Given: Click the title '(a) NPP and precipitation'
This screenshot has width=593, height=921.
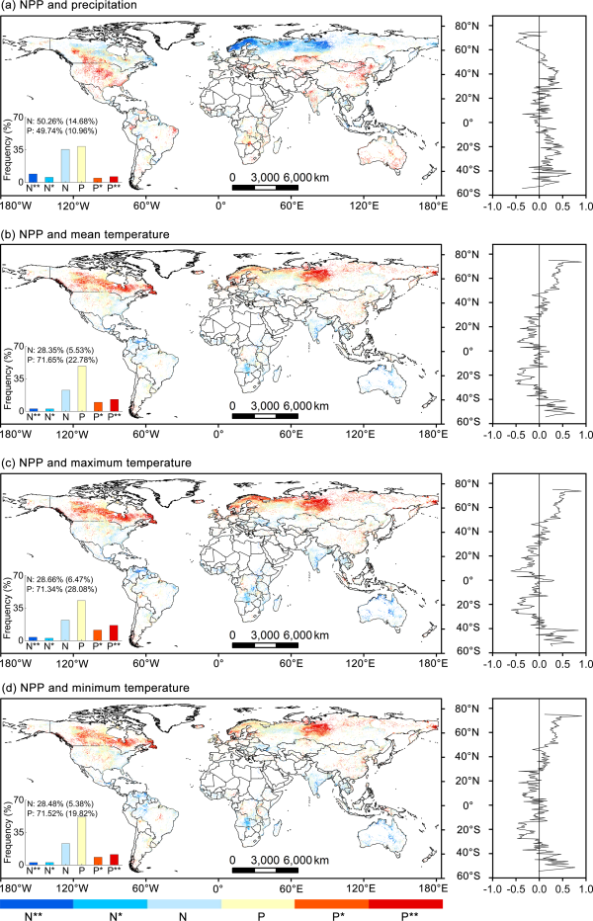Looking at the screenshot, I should (68, 6).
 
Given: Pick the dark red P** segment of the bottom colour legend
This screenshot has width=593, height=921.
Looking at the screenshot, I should (405, 902).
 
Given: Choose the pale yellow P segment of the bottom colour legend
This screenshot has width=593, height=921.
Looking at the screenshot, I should (257, 902).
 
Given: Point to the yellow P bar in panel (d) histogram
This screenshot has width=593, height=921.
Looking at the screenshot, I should (81, 837).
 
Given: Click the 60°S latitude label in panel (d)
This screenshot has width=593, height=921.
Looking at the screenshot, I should (467, 877).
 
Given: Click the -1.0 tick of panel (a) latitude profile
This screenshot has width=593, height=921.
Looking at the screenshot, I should (487, 209).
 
